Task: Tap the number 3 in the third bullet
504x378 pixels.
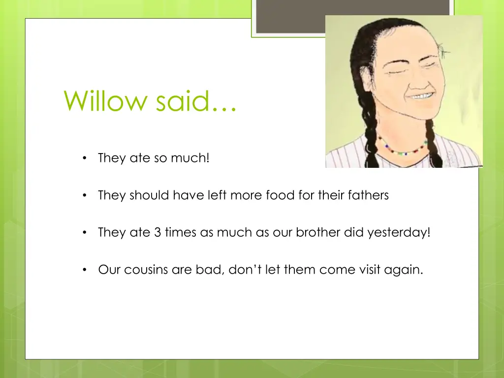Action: point(157,232)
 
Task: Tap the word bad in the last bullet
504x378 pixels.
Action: point(201,270)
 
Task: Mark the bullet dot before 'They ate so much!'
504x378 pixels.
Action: point(85,158)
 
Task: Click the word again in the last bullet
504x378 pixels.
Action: point(404,270)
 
